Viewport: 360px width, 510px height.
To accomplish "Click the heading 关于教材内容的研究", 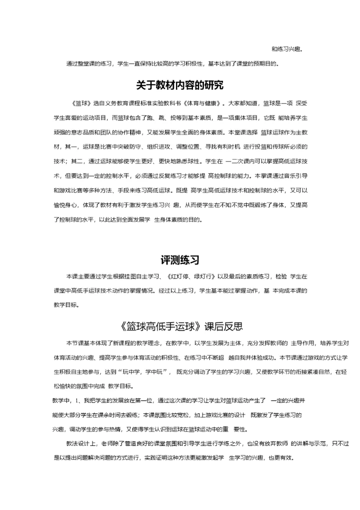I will pyautogui.click(x=180, y=84).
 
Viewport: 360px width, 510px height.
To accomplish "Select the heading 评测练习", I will pyautogui.click(x=180, y=260).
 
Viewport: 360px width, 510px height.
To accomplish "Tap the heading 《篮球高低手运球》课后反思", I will pyautogui.click(x=182, y=327).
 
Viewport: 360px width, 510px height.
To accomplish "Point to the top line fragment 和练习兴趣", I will pyautogui.click(x=287, y=49).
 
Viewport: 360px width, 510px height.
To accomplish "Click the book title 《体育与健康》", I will pyautogui.click(x=203, y=104).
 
